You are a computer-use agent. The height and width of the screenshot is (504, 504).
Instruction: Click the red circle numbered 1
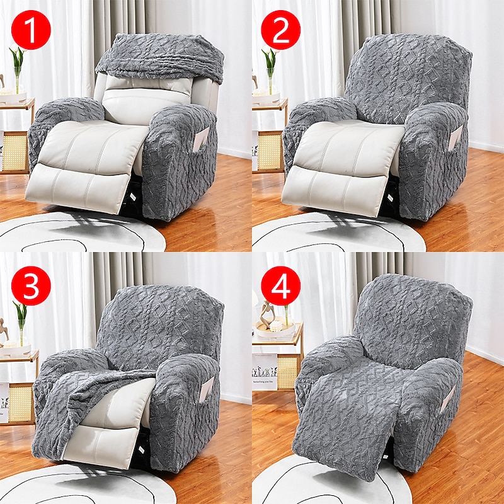point(31,30)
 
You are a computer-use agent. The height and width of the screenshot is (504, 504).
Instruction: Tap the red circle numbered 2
point(280,30)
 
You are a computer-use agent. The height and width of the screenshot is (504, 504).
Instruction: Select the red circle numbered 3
point(31,285)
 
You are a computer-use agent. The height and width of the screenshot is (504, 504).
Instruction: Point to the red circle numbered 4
point(280,285)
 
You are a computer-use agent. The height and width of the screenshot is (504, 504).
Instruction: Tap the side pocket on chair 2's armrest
point(455,137)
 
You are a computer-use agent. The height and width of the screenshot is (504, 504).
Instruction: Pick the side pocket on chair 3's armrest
point(207,389)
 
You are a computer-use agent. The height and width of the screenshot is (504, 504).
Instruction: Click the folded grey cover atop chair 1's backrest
point(161,57)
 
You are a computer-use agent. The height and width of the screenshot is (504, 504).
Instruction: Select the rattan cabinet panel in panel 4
point(287,372)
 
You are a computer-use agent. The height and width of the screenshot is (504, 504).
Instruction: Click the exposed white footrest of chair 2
point(335,191)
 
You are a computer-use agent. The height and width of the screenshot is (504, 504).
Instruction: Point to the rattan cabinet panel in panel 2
point(270,151)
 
